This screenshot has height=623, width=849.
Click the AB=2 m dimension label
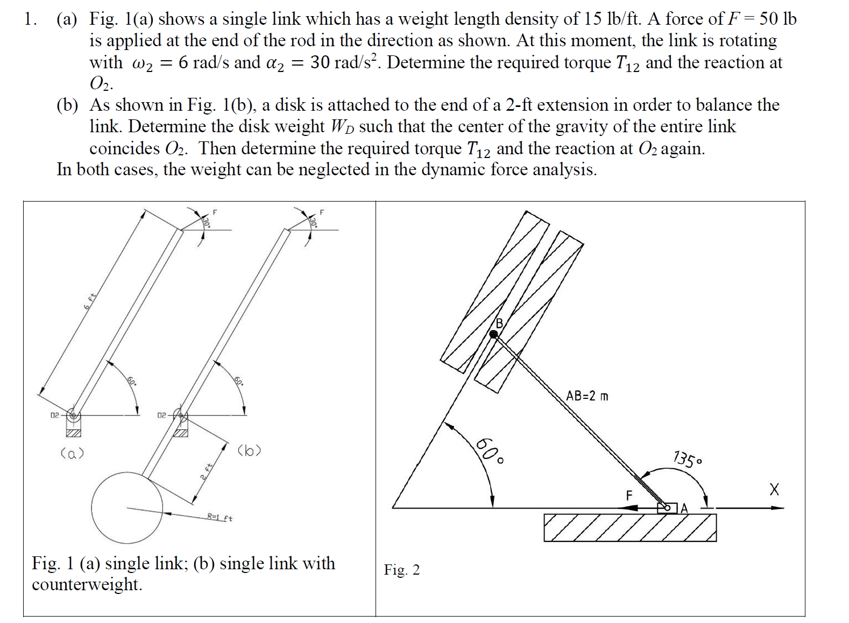pos(587,397)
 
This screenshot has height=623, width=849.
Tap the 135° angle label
pos(687,460)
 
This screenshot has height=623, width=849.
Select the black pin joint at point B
pos(494,334)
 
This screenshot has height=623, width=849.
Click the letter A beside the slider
pos(684,508)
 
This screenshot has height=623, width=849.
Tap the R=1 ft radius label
pos(220,518)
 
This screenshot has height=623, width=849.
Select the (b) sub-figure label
pos(249,450)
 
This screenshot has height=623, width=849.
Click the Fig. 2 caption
pos(401,570)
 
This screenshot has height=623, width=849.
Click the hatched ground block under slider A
pos(629,527)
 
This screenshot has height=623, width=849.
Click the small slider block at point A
pos(668,507)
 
